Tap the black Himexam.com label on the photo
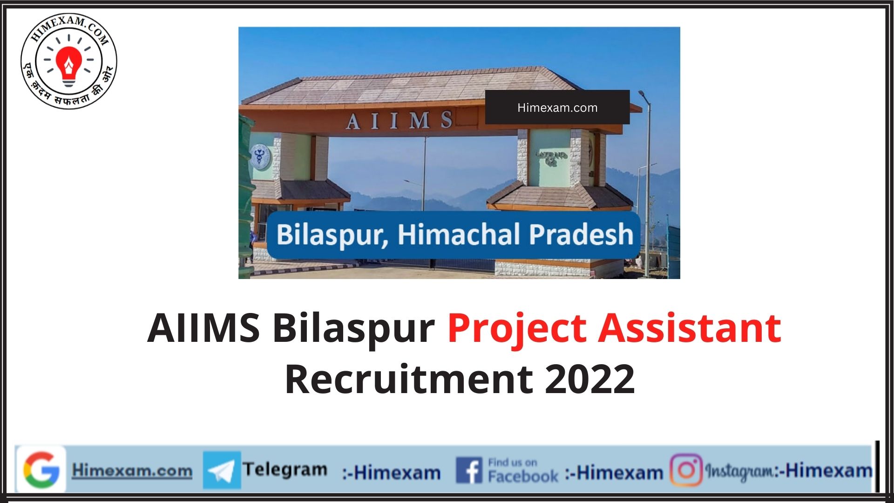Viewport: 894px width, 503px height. (x=557, y=108)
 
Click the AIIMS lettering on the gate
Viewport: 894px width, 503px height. (x=400, y=121)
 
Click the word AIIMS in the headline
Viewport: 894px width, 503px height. (x=203, y=328)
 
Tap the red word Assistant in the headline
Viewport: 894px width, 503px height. (x=690, y=328)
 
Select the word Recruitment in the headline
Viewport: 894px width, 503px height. (x=409, y=379)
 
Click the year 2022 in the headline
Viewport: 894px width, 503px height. (x=589, y=379)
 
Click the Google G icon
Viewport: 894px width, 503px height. (x=41, y=469)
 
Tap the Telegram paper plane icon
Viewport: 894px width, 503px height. (x=222, y=470)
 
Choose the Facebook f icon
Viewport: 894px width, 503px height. (x=469, y=470)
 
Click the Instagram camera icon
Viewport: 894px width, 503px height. (x=686, y=470)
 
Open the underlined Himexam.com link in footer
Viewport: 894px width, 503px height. (x=132, y=470)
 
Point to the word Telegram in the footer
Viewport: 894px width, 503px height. (x=285, y=469)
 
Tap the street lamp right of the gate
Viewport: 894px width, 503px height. (x=646, y=182)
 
